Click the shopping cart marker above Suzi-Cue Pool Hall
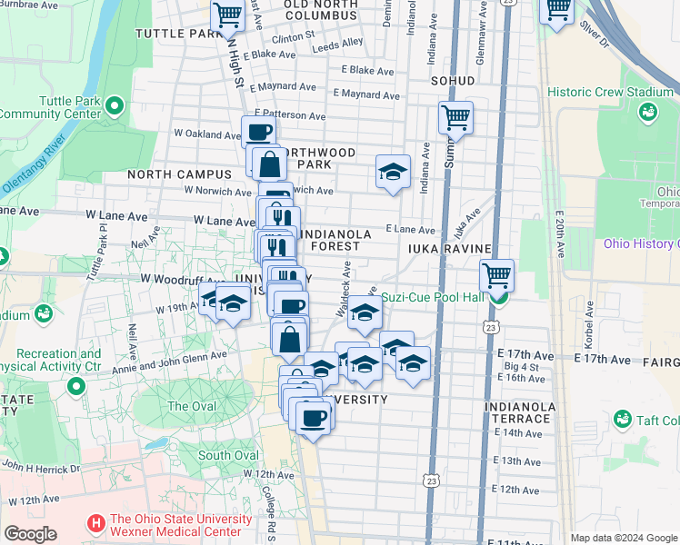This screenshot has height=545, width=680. (496, 275)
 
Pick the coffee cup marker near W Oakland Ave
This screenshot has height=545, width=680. (259, 132)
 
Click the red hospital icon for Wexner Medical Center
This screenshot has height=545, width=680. (95, 524)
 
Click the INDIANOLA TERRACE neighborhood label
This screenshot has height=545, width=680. (517, 411)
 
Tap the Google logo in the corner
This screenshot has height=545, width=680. (30, 534)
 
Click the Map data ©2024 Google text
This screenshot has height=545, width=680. (623, 538)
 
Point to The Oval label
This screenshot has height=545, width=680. (191, 406)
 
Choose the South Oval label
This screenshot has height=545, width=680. (227, 455)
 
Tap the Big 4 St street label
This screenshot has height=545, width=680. (521, 367)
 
